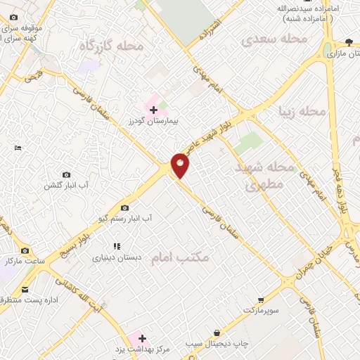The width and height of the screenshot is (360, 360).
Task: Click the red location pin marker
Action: [180, 165]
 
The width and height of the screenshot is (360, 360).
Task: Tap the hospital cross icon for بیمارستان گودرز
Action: [153, 110]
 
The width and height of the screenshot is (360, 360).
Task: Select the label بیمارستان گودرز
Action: [154, 121]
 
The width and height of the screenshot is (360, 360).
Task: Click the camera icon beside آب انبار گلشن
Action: [67, 174]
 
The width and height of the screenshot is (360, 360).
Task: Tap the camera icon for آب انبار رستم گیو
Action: [125, 207]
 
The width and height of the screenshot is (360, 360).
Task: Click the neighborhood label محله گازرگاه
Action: [111, 46]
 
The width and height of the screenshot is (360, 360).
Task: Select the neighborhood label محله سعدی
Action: [275, 39]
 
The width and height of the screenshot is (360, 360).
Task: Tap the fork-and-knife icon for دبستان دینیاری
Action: [117, 247]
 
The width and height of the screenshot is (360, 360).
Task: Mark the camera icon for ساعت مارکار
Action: [25, 251]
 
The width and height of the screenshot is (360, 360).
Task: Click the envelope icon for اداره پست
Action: [25, 290]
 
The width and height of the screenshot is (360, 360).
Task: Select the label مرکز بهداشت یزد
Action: [143, 349]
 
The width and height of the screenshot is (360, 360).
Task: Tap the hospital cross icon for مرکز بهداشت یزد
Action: [142, 338]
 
